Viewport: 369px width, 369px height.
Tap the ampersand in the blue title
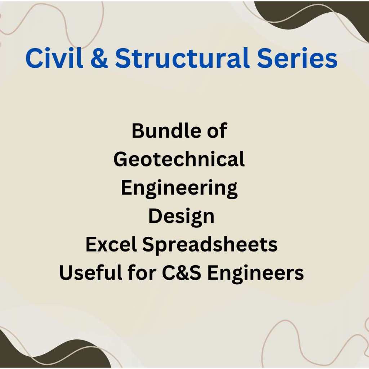coord(99,58)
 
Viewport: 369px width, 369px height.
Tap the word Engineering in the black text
coord(179,188)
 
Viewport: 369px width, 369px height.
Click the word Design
coord(181,216)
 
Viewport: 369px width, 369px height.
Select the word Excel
coord(111,245)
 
